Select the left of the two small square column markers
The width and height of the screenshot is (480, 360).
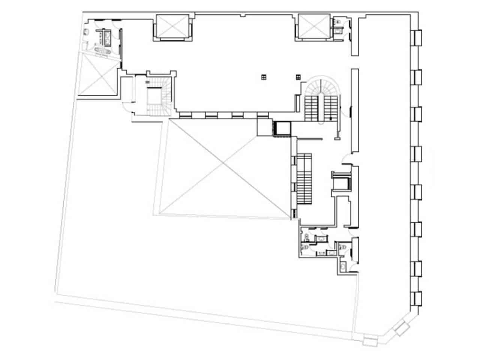pos(264,77)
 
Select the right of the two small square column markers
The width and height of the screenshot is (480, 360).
pos(298,77)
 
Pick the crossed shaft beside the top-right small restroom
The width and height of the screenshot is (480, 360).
pos(314,26)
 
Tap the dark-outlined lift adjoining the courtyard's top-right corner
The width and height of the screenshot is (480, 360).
pos(282,129)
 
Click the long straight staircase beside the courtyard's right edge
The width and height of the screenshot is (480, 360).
pos(304,178)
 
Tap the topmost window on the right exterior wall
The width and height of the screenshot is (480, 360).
pos(417,38)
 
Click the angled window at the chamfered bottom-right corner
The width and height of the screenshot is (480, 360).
pos(402,327)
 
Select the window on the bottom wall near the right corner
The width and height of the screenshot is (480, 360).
pos(370,342)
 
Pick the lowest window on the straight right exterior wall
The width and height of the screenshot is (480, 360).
pos(417,298)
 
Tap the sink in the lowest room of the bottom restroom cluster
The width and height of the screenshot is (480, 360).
pos(343,267)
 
